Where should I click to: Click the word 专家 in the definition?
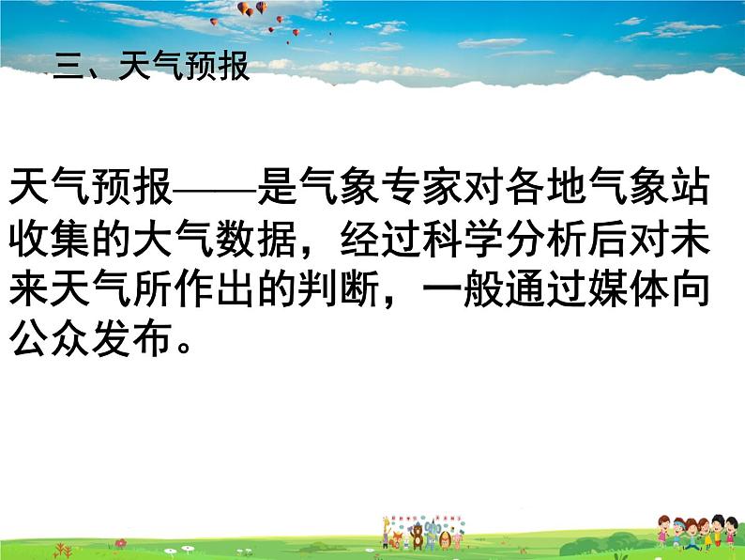pos(421,186)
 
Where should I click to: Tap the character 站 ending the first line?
pos(690,186)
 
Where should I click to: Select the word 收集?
pos(50,239)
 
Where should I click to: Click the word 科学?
pos(463,239)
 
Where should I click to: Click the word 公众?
pos(50,339)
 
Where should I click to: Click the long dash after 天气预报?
pos(215,191)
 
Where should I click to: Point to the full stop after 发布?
pos(183,347)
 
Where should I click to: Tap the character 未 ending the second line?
pos(690,239)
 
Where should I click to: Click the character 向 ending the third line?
pos(690,288)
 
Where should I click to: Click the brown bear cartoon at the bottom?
pos(418,536)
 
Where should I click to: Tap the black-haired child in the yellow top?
pos(719,531)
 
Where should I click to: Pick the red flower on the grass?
pos(121,542)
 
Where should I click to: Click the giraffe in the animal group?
pos(387,532)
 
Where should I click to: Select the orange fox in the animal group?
pos(395,540)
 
